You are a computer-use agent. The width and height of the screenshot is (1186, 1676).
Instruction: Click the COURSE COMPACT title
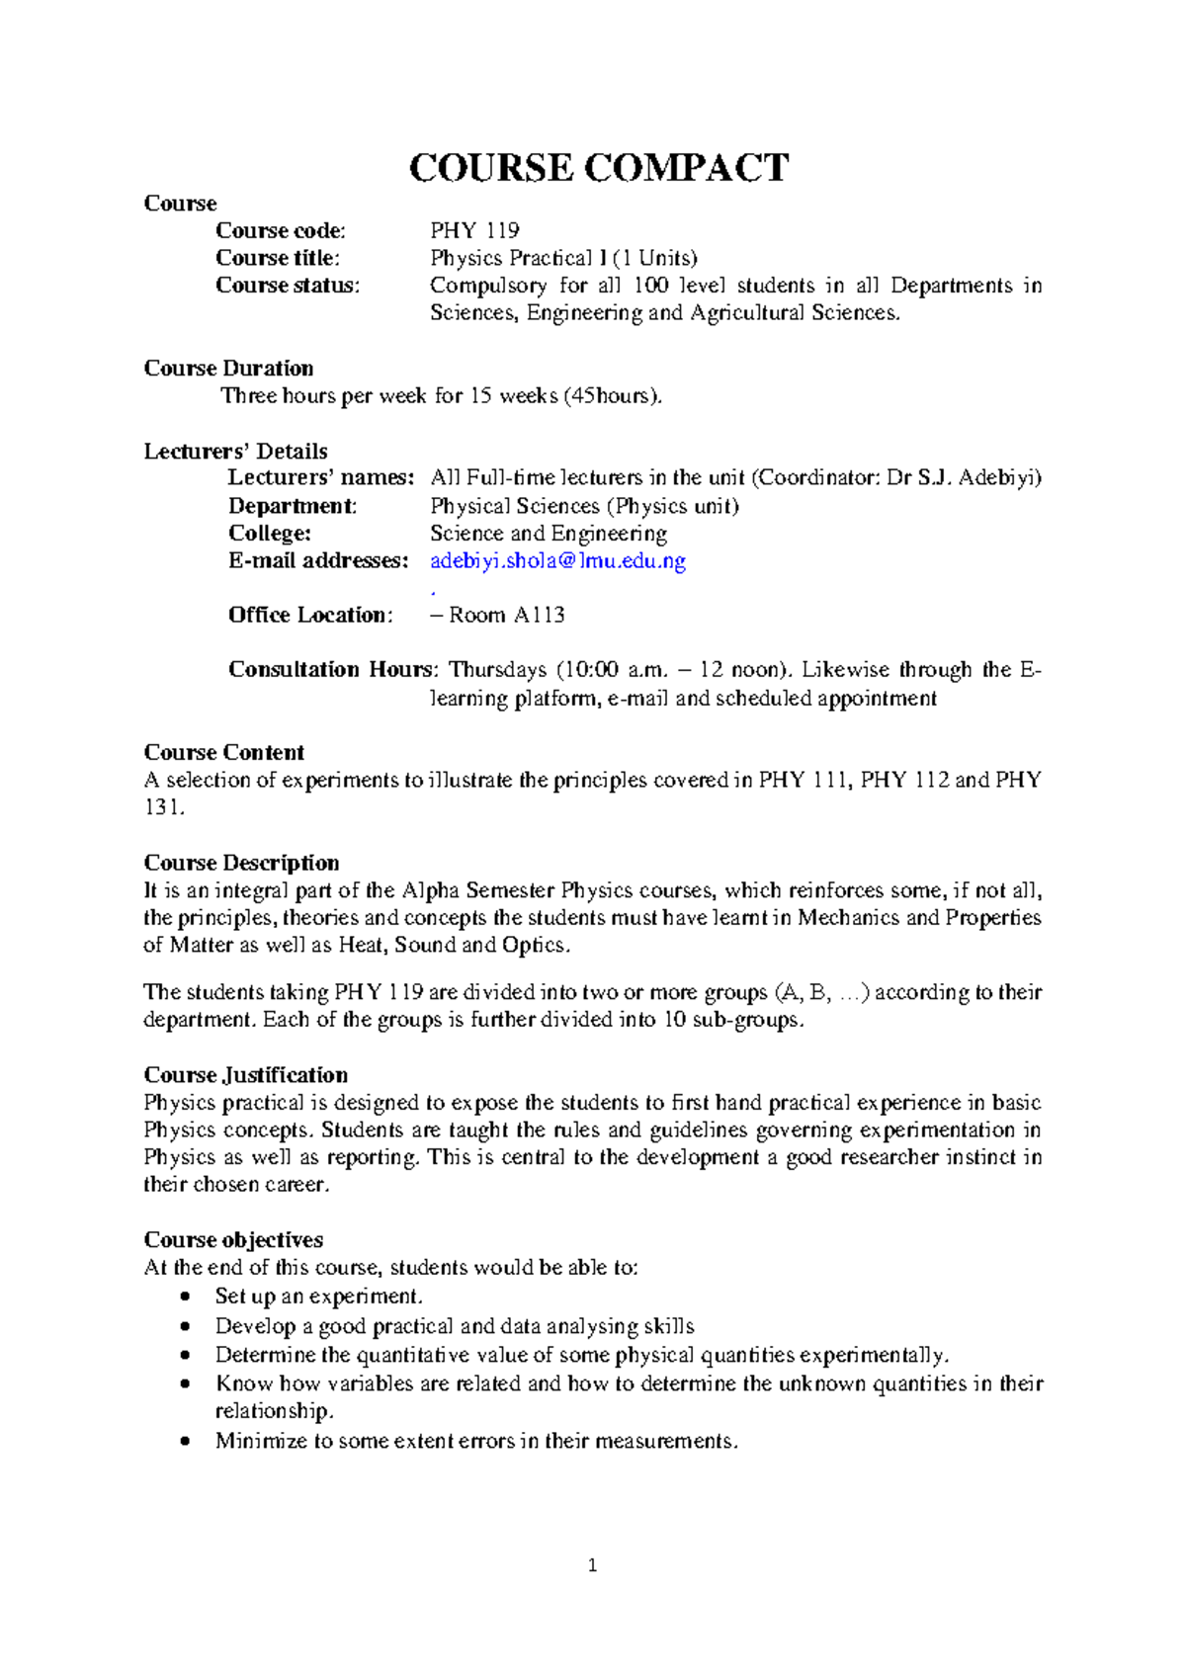(x=598, y=168)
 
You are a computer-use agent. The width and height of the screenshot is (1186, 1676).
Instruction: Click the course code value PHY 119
(x=474, y=231)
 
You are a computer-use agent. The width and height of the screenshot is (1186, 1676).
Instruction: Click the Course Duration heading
(x=228, y=369)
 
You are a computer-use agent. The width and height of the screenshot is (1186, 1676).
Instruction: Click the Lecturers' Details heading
(x=235, y=452)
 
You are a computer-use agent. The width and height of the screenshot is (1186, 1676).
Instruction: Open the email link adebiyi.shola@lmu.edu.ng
(x=557, y=561)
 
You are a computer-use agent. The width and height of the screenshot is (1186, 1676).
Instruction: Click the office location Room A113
(x=506, y=616)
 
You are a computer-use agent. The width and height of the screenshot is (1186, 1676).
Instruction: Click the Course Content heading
(x=223, y=753)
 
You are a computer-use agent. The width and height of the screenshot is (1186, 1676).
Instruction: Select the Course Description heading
(x=241, y=863)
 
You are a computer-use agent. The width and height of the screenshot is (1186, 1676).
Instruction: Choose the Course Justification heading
(x=245, y=1075)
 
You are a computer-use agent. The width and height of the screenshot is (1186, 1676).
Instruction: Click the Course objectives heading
(x=233, y=1240)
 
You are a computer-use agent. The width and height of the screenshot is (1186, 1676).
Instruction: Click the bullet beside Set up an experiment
(x=185, y=1297)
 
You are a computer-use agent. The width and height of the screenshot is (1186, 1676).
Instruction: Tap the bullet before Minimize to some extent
(x=185, y=1442)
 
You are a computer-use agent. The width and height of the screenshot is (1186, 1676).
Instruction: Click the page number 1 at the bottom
(x=592, y=1565)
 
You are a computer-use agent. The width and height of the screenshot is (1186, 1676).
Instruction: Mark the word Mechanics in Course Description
(x=848, y=918)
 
